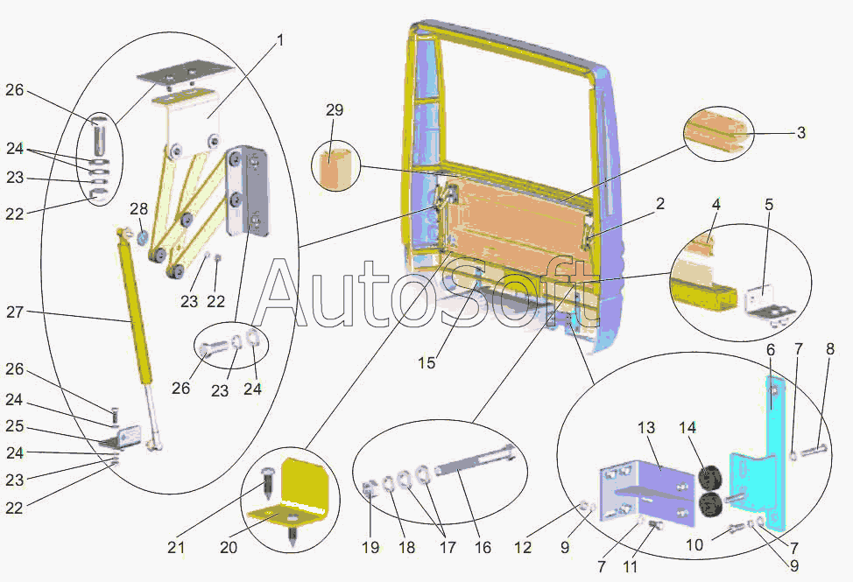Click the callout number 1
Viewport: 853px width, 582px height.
coord(280,40)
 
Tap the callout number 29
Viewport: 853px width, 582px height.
coord(334,110)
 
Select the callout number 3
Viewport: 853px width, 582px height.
coord(800,133)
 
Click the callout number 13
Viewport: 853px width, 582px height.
coord(646,428)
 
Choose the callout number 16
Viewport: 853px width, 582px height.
coord(483,549)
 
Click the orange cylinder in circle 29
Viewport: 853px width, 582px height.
coord(336,169)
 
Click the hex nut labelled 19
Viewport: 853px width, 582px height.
coord(369,488)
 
